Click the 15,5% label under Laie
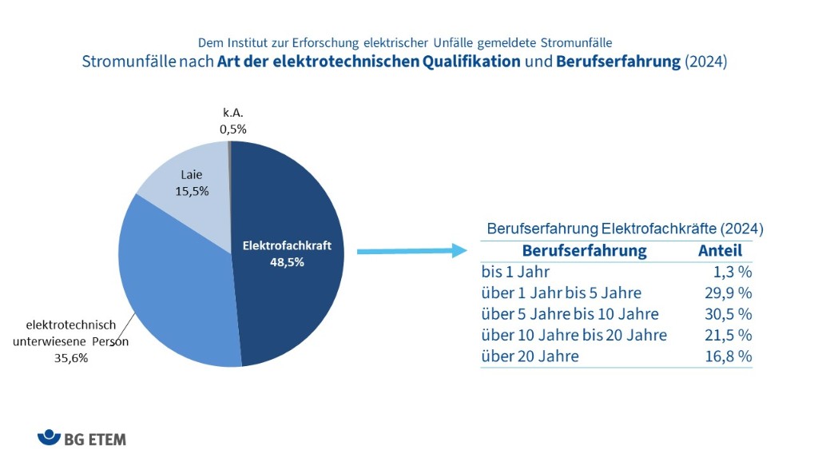click(192, 192)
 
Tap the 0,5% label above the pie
click(232, 128)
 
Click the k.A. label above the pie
click(232, 113)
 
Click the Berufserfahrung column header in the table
click(584, 251)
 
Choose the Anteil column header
click(720, 251)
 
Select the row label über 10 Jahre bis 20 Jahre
click(574, 335)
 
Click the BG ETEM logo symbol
click(49, 437)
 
